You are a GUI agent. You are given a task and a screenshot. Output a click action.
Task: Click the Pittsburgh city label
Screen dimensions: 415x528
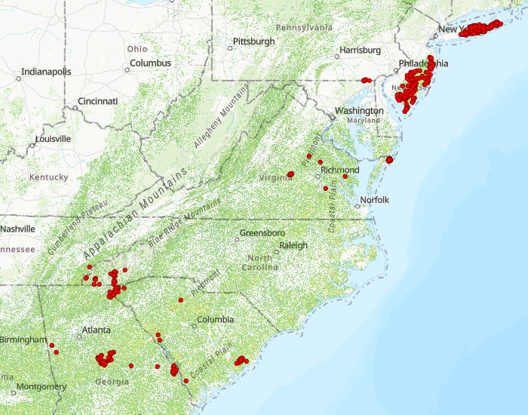click(x=253, y=41)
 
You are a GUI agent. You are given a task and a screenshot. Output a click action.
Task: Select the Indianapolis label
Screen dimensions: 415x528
click(x=46, y=72)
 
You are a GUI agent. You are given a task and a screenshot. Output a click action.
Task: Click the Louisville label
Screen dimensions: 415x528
click(x=53, y=139)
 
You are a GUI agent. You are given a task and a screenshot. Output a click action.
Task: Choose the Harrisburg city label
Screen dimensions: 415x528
click(x=361, y=50)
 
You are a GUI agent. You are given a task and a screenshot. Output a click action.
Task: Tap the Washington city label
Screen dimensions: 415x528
click(x=359, y=111)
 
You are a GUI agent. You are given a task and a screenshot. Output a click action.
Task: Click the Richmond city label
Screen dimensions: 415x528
click(x=339, y=170)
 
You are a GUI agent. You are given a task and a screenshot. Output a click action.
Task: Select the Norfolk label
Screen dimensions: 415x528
click(x=374, y=200)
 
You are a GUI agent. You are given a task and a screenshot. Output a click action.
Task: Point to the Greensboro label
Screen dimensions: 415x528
click(x=262, y=233)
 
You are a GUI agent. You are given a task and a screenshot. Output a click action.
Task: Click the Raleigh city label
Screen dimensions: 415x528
click(x=293, y=245)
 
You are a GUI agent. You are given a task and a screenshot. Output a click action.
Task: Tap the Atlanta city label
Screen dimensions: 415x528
click(x=96, y=330)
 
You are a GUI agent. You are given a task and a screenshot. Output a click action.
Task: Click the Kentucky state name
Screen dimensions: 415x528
click(x=48, y=177)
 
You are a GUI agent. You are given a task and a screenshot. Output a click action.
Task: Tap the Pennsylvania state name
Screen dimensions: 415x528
click(x=303, y=28)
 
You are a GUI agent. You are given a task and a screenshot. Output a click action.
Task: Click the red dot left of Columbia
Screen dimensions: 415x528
click(x=181, y=300)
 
